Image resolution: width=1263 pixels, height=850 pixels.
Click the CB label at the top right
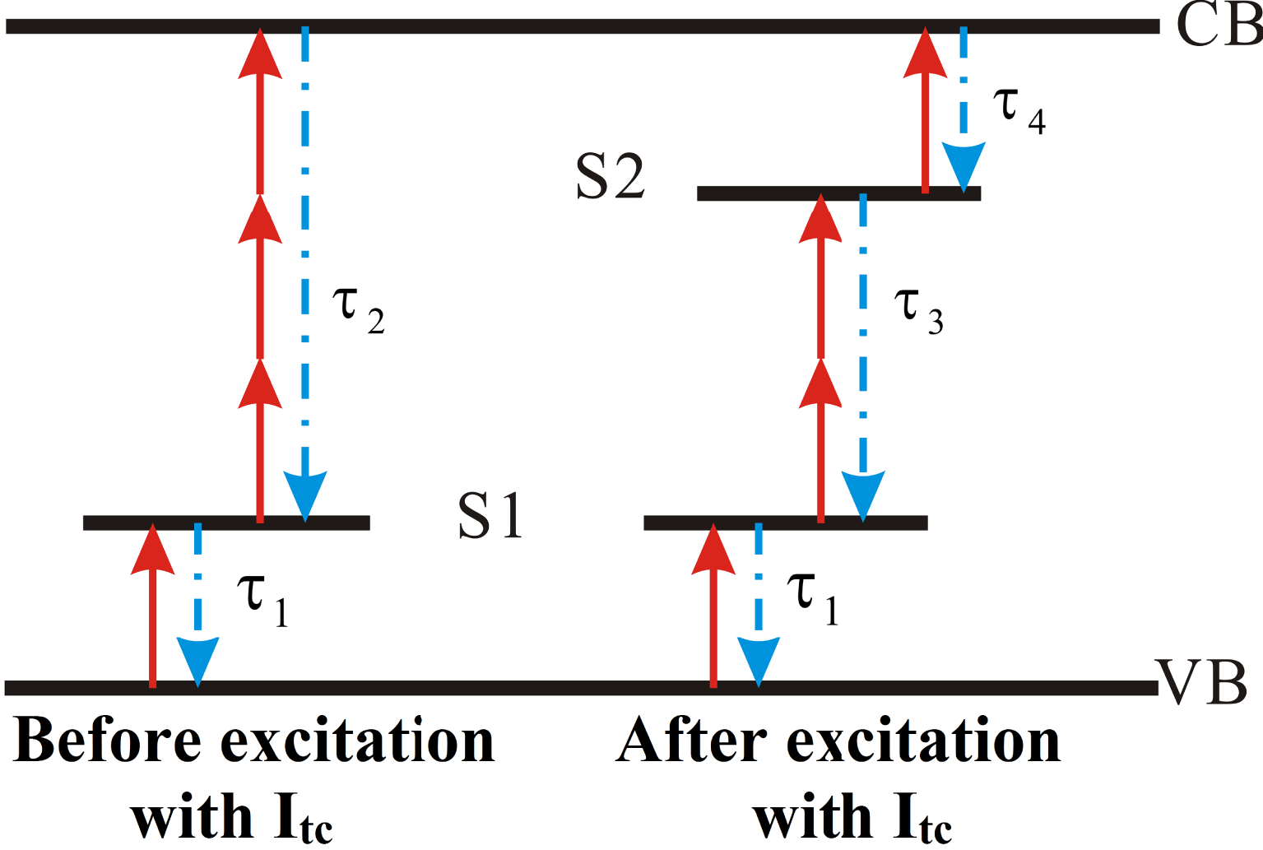1218,25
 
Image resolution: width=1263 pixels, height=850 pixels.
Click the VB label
1203,683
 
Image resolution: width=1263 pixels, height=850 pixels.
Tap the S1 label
490,516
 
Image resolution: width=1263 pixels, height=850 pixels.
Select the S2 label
610,177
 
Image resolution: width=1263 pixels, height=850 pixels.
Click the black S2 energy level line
838,193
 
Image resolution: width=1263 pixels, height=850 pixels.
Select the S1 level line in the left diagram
226,523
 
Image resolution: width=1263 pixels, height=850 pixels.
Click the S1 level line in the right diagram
785,523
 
